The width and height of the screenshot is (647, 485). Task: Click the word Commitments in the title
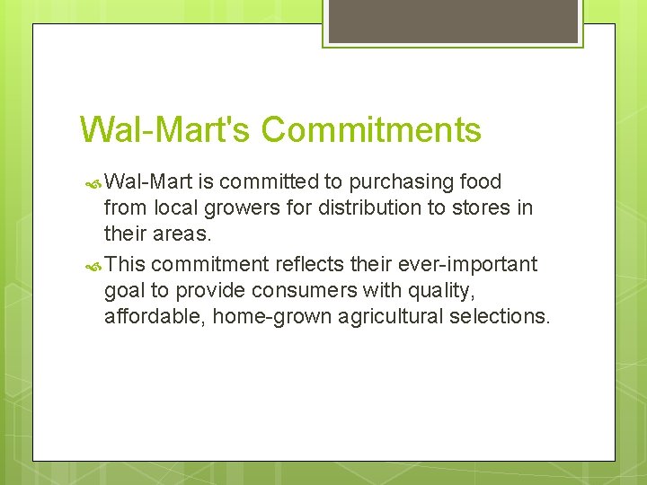click(x=371, y=129)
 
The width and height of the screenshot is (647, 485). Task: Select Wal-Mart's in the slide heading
click(x=165, y=129)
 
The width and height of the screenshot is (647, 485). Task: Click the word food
click(x=480, y=182)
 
